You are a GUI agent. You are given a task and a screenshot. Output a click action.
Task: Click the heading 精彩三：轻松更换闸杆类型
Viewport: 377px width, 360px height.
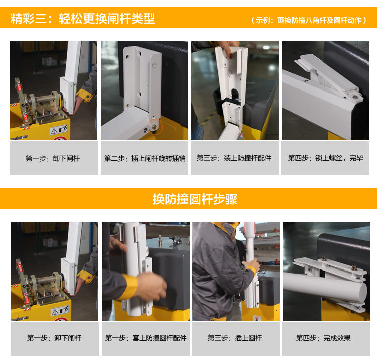83,18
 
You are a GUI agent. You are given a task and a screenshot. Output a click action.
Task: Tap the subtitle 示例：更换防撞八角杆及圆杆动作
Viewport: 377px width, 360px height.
309,20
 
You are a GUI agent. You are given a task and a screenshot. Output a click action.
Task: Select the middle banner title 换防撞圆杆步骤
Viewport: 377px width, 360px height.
195,199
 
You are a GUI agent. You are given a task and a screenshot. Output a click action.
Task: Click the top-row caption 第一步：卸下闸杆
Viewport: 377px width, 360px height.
53,158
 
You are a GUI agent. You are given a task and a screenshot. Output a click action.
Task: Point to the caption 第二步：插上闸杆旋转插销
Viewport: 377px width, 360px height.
145,158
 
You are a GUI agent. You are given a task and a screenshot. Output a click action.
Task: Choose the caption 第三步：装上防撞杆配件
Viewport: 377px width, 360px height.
234,158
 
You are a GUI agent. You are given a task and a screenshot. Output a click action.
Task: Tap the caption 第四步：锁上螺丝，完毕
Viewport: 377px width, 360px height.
326,158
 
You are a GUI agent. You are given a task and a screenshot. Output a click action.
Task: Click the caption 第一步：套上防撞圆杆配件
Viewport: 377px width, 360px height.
146,338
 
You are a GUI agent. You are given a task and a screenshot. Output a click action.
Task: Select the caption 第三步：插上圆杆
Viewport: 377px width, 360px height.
235,338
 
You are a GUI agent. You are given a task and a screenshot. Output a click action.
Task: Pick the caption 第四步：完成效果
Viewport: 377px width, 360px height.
323,338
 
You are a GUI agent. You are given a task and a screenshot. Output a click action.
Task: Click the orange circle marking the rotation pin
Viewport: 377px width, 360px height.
155,127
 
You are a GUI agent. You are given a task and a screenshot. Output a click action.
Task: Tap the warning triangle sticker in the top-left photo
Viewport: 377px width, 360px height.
54,131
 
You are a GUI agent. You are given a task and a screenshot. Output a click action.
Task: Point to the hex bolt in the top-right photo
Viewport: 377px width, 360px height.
355,97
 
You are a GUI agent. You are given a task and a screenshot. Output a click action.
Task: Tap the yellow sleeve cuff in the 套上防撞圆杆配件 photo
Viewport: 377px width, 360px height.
128,287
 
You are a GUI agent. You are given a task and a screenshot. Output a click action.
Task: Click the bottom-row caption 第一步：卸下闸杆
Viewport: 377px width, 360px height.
54,338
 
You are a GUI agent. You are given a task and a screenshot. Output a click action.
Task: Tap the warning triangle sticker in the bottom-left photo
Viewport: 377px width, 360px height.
55,312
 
